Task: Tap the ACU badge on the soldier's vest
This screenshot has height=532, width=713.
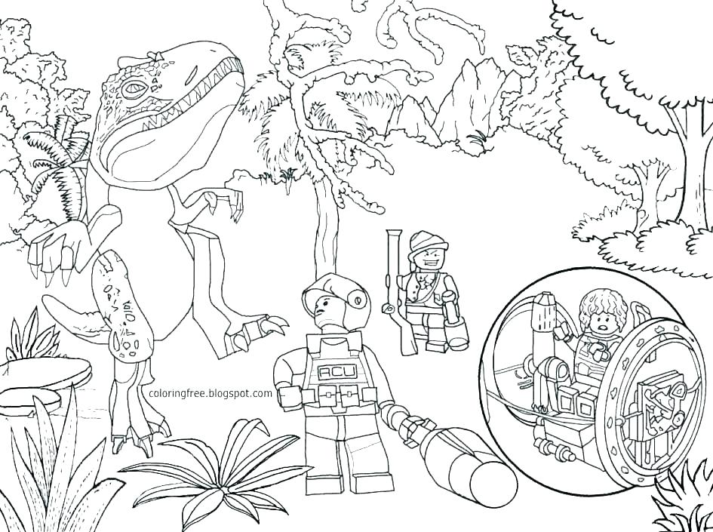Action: tap(330, 371)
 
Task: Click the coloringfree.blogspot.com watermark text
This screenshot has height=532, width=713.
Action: tap(211, 393)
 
